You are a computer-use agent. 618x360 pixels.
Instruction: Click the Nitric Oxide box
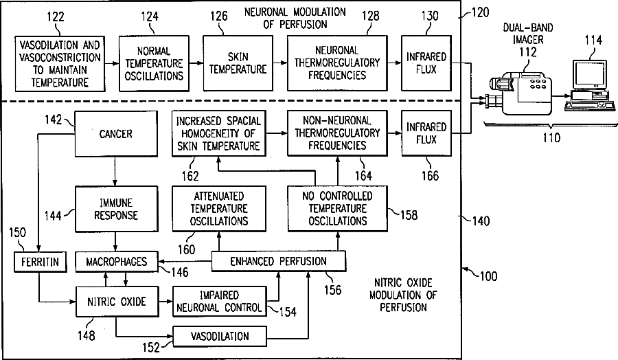pos(115,301)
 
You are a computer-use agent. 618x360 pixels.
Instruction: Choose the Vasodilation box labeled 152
pos(219,337)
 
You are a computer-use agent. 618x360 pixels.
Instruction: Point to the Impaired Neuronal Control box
pos(219,301)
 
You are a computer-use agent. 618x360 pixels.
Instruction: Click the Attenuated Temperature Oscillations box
pos(219,209)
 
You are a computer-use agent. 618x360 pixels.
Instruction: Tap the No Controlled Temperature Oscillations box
pos(336,209)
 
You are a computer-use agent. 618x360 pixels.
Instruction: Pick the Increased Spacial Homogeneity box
pos(219,133)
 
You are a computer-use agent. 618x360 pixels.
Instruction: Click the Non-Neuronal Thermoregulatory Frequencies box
pos(336,133)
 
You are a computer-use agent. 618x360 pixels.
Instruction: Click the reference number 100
pos(489,277)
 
